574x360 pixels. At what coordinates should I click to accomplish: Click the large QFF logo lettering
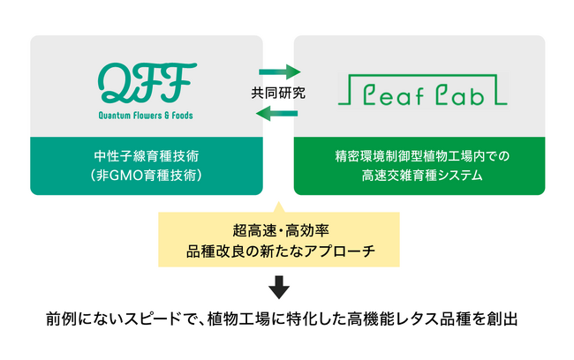click(x=147, y=83)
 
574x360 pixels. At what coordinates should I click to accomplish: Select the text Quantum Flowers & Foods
click(x=146, y=116)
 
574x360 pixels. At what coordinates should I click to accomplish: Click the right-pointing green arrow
click(x=280, y=71)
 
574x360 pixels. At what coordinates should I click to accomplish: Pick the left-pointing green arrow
click(x=276, y=114)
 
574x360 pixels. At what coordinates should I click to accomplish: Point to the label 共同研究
click(x=278, y=93)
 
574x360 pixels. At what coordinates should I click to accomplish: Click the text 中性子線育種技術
click(x=147, y=156)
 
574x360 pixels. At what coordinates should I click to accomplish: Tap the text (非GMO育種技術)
click(x=147, y=176)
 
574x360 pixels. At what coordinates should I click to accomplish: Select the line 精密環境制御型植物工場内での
click(x=422, y=156)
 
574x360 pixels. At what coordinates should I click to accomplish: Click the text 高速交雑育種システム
click(x=422, y=176)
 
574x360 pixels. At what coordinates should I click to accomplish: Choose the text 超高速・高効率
click(x=281, y=230)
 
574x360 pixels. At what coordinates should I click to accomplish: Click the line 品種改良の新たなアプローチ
click(x=281, y=251)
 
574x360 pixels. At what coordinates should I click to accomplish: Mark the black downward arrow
click(x=279, y=287)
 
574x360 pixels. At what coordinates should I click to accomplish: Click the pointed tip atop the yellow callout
click(x=278, y=201)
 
